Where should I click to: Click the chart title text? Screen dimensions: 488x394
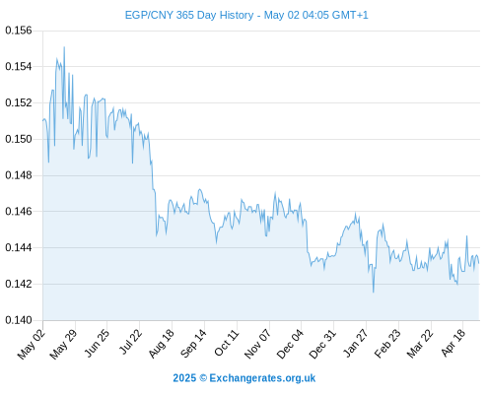click(246, 15)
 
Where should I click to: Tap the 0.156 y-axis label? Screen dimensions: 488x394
click(19, 31)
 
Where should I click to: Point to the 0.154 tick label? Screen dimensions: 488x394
click(19, 67)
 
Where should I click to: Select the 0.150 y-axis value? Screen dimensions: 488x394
click(19, 139)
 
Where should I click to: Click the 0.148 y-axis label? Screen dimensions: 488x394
click(19, 175)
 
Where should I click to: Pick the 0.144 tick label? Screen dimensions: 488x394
click(19, 247)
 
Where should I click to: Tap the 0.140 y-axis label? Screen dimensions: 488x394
click(19, 320)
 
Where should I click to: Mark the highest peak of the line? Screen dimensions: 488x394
click(64, 47)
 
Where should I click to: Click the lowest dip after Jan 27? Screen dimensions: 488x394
click(374, 292)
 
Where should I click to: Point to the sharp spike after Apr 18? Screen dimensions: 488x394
click(466, 235)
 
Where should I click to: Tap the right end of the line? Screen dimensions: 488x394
click(479, 263)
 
